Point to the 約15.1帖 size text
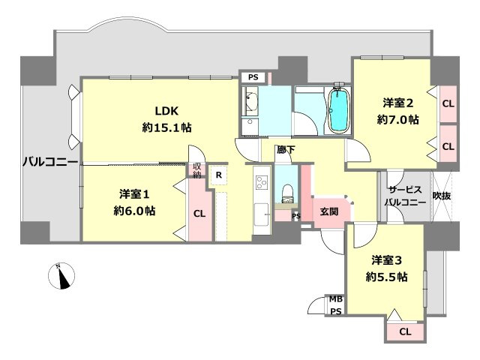coord(166,127)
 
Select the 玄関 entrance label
coord(328,212)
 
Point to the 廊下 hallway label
coord(286,150)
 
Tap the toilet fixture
coord(286,194)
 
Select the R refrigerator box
coord(217,175)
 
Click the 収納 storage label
coord(197,170)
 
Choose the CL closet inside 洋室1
coord(199,213)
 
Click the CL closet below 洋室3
coord(405,331)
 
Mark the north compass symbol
coord(63,277)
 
